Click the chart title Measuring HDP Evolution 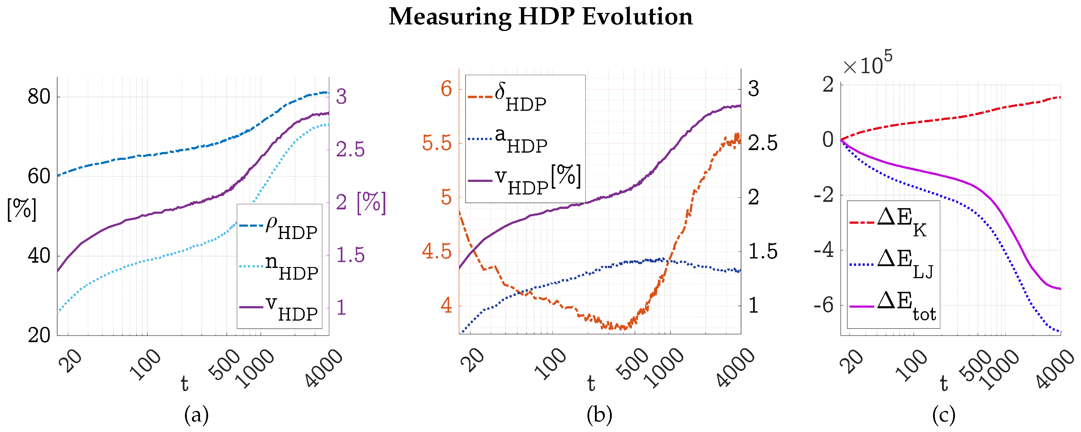tap(540, 17)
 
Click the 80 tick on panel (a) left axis tap(39, 97)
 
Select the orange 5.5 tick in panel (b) tap(437, 143)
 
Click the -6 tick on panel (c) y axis tap(824, 305)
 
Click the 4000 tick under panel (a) tap(324, 368)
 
